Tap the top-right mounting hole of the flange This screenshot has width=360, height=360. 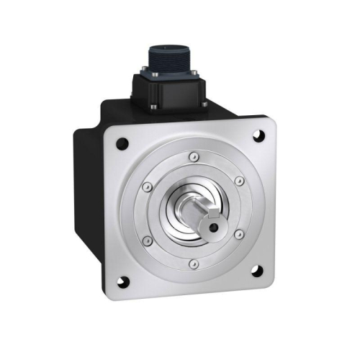point(258,134)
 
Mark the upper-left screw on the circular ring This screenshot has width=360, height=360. point(148,187)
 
